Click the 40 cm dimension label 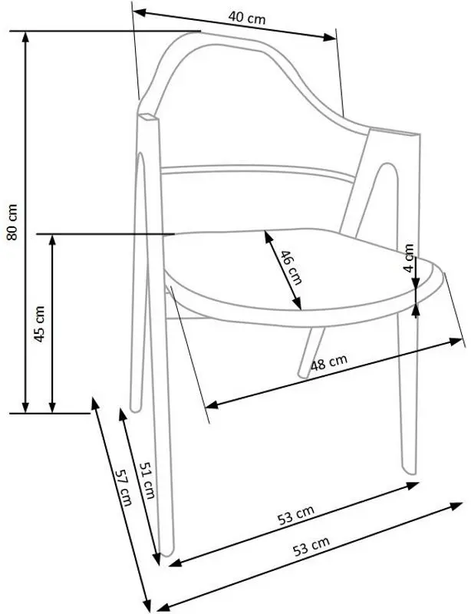[x=247, y=17]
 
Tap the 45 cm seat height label [x=40, y=324]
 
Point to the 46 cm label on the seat [x=291, y=266]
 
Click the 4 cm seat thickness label [x=408, y=258]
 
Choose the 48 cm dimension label [x=329, y=362]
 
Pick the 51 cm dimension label [x=147, y=480]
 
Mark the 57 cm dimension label [x=124, y=487]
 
